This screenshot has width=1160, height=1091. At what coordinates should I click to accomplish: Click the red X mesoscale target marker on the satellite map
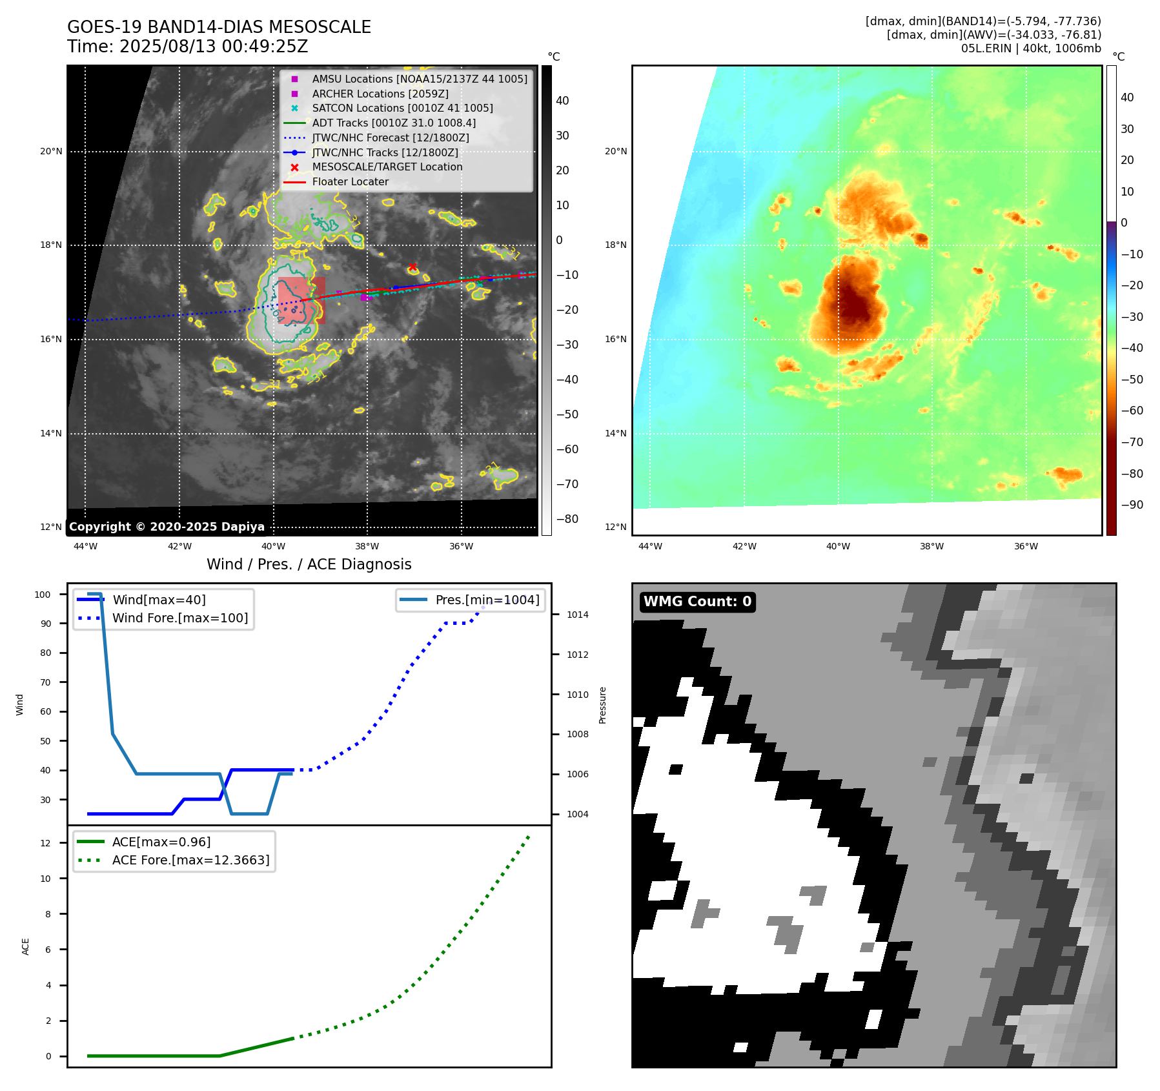point(412,267)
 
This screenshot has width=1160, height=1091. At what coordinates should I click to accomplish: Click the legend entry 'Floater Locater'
point(350,182)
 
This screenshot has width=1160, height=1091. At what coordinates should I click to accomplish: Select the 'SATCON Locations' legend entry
point(402,108)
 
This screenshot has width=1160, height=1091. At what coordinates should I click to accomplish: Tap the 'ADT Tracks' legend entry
point(394,123)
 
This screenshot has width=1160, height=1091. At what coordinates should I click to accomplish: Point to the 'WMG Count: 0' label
point(697,602)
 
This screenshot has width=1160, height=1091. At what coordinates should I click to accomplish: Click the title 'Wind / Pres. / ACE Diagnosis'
point(309,564)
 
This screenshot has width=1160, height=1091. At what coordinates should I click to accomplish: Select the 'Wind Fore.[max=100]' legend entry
point(180,618)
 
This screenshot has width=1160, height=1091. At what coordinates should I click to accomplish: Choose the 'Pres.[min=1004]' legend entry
point(487,600)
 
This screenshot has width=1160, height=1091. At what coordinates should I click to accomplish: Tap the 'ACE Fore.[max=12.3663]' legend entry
point(190,860)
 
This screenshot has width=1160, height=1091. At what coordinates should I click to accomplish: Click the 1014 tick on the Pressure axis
point(577,615)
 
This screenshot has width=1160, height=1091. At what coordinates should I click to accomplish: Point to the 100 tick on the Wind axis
point(43,595)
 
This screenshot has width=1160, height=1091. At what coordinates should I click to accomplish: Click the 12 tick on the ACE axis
point(45,843)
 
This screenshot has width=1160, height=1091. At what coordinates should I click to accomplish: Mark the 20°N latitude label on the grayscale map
point(51,152)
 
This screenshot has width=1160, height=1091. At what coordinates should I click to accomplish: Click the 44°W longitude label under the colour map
point(650,546)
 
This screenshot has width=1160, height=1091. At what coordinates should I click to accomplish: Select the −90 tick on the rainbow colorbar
point(1132,505)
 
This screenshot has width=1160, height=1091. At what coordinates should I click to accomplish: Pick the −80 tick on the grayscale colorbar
point(567,519)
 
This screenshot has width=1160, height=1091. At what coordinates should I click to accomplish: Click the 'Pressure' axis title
point(602,705)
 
